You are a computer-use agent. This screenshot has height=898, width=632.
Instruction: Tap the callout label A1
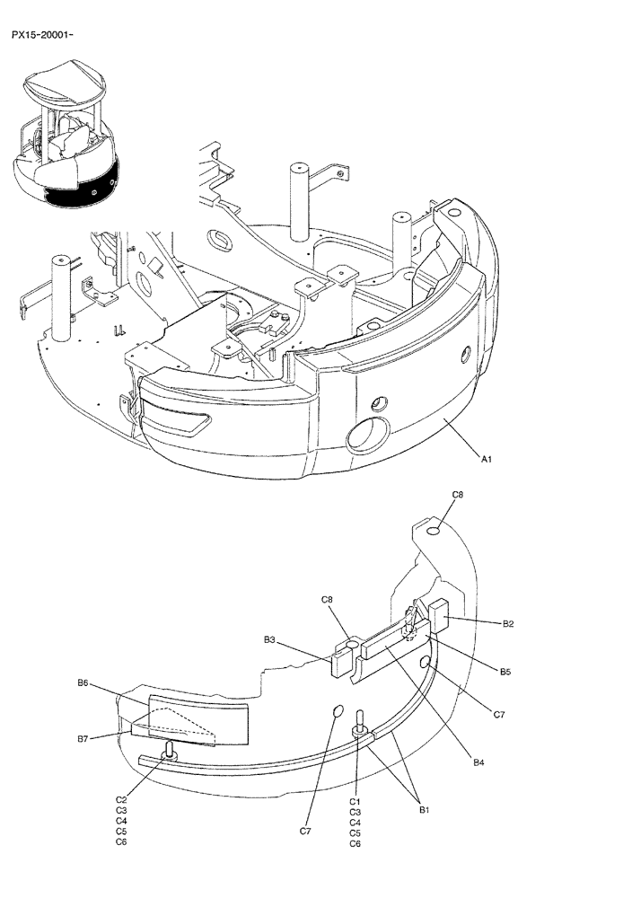click(x=486, y=459)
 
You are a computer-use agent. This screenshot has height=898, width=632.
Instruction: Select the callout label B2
click(x=507, y=623)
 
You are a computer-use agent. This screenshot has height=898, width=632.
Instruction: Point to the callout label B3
click(x=269, y=640)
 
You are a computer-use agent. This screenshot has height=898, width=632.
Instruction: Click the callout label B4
click(x=478, y=762)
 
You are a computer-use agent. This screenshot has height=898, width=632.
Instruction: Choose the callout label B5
click(x=505, y=670)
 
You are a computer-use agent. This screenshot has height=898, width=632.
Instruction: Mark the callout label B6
click(x=83, y=683)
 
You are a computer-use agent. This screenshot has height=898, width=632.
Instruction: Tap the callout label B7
click(x=83, y=738)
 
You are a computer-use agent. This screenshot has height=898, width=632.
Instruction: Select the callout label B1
click(x=426, y=809)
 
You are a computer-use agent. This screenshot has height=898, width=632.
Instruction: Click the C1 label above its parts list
click(x=355, y=801)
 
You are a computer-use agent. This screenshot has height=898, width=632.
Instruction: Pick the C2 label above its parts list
click(x=121, y=799)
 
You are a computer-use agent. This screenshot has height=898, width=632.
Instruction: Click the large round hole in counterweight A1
click(x=366, y=437)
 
